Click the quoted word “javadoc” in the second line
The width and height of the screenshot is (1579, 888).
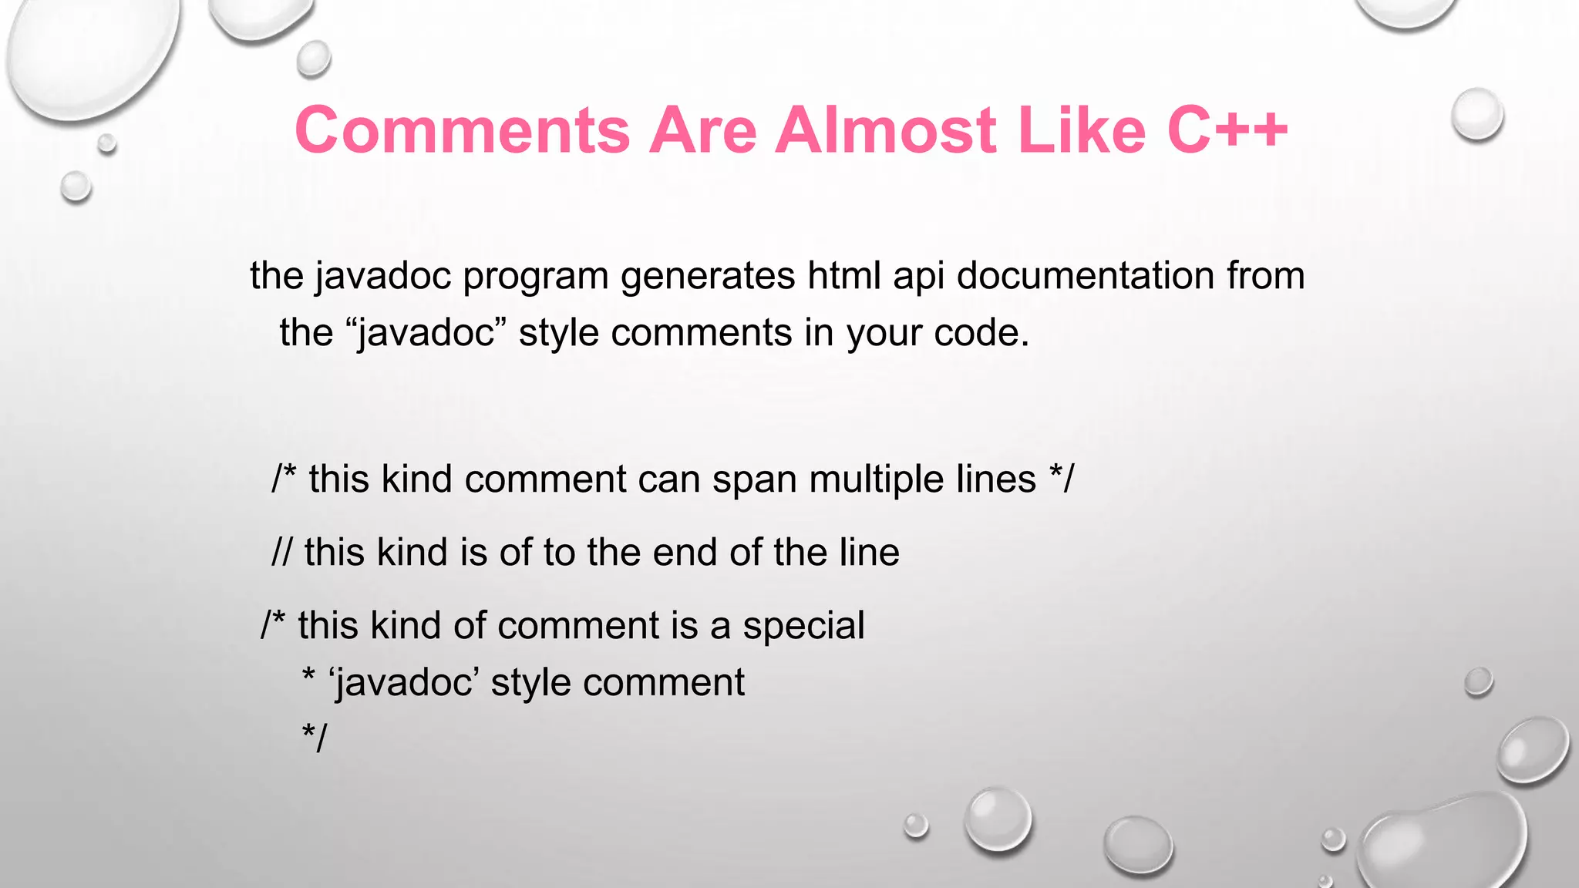click(426, 333)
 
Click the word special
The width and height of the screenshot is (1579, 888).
click(803, 626)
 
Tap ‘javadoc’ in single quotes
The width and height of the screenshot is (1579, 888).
click(404, 683)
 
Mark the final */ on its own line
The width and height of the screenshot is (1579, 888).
click(315, 738)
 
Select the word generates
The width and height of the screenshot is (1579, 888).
click(708, 277)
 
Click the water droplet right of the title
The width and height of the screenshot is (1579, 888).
click(1476, 115)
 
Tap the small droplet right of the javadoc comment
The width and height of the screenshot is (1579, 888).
click(1478, 682)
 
